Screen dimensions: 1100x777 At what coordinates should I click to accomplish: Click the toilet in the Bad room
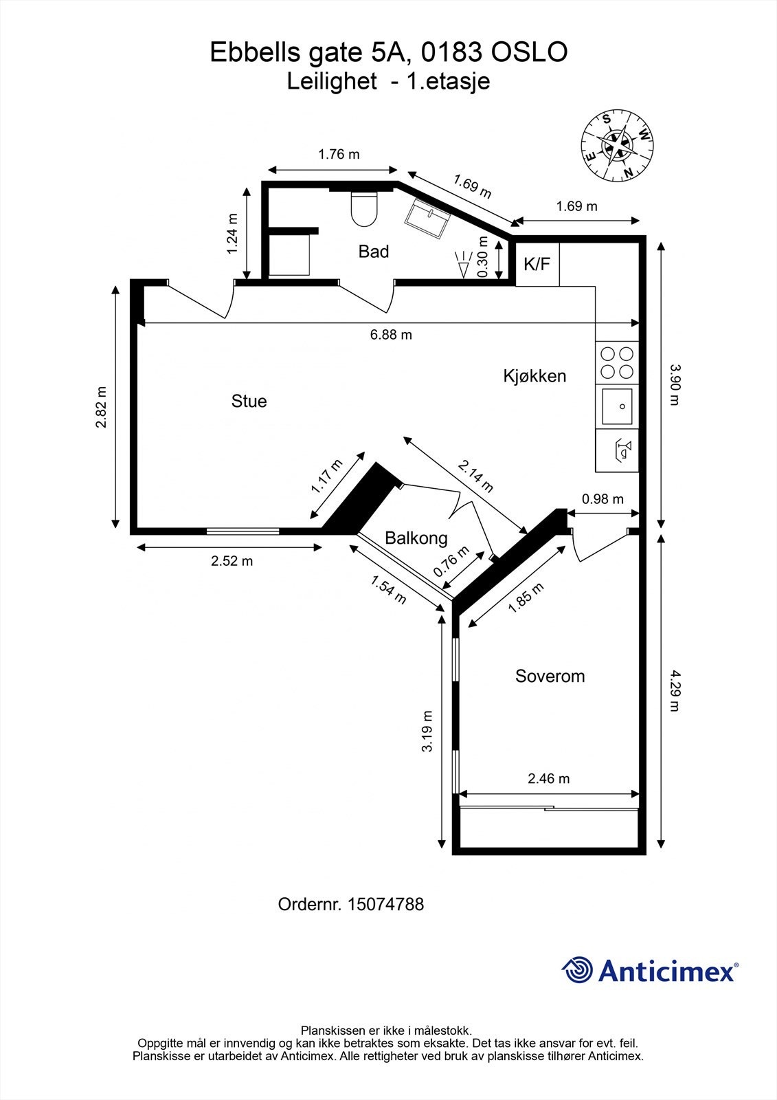click(364, 208)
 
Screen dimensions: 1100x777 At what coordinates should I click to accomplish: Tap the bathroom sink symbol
click(427, 219)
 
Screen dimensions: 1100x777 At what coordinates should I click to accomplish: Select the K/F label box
click(537, 264)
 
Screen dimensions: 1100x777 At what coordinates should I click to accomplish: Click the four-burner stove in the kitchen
click(617, 362)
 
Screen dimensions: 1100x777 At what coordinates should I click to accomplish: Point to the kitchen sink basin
click(617, 406)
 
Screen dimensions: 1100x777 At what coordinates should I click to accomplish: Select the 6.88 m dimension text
click(391, 335)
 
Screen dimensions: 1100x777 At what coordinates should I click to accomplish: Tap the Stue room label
click(249, 401)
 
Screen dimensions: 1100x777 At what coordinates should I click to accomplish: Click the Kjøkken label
click(534, 376)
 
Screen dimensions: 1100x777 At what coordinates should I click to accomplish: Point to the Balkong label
click(416, 538)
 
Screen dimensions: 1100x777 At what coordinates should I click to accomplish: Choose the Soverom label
click(550, 676)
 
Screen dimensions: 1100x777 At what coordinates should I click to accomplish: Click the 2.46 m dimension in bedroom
click(548, 778)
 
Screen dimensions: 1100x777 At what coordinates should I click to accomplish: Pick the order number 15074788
click(385, 904)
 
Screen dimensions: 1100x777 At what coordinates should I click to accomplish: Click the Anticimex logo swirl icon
click(578, 971)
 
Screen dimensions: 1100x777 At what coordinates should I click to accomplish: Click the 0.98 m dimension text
click(603, 499)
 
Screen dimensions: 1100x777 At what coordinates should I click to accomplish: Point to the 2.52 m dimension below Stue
click(232, 561)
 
